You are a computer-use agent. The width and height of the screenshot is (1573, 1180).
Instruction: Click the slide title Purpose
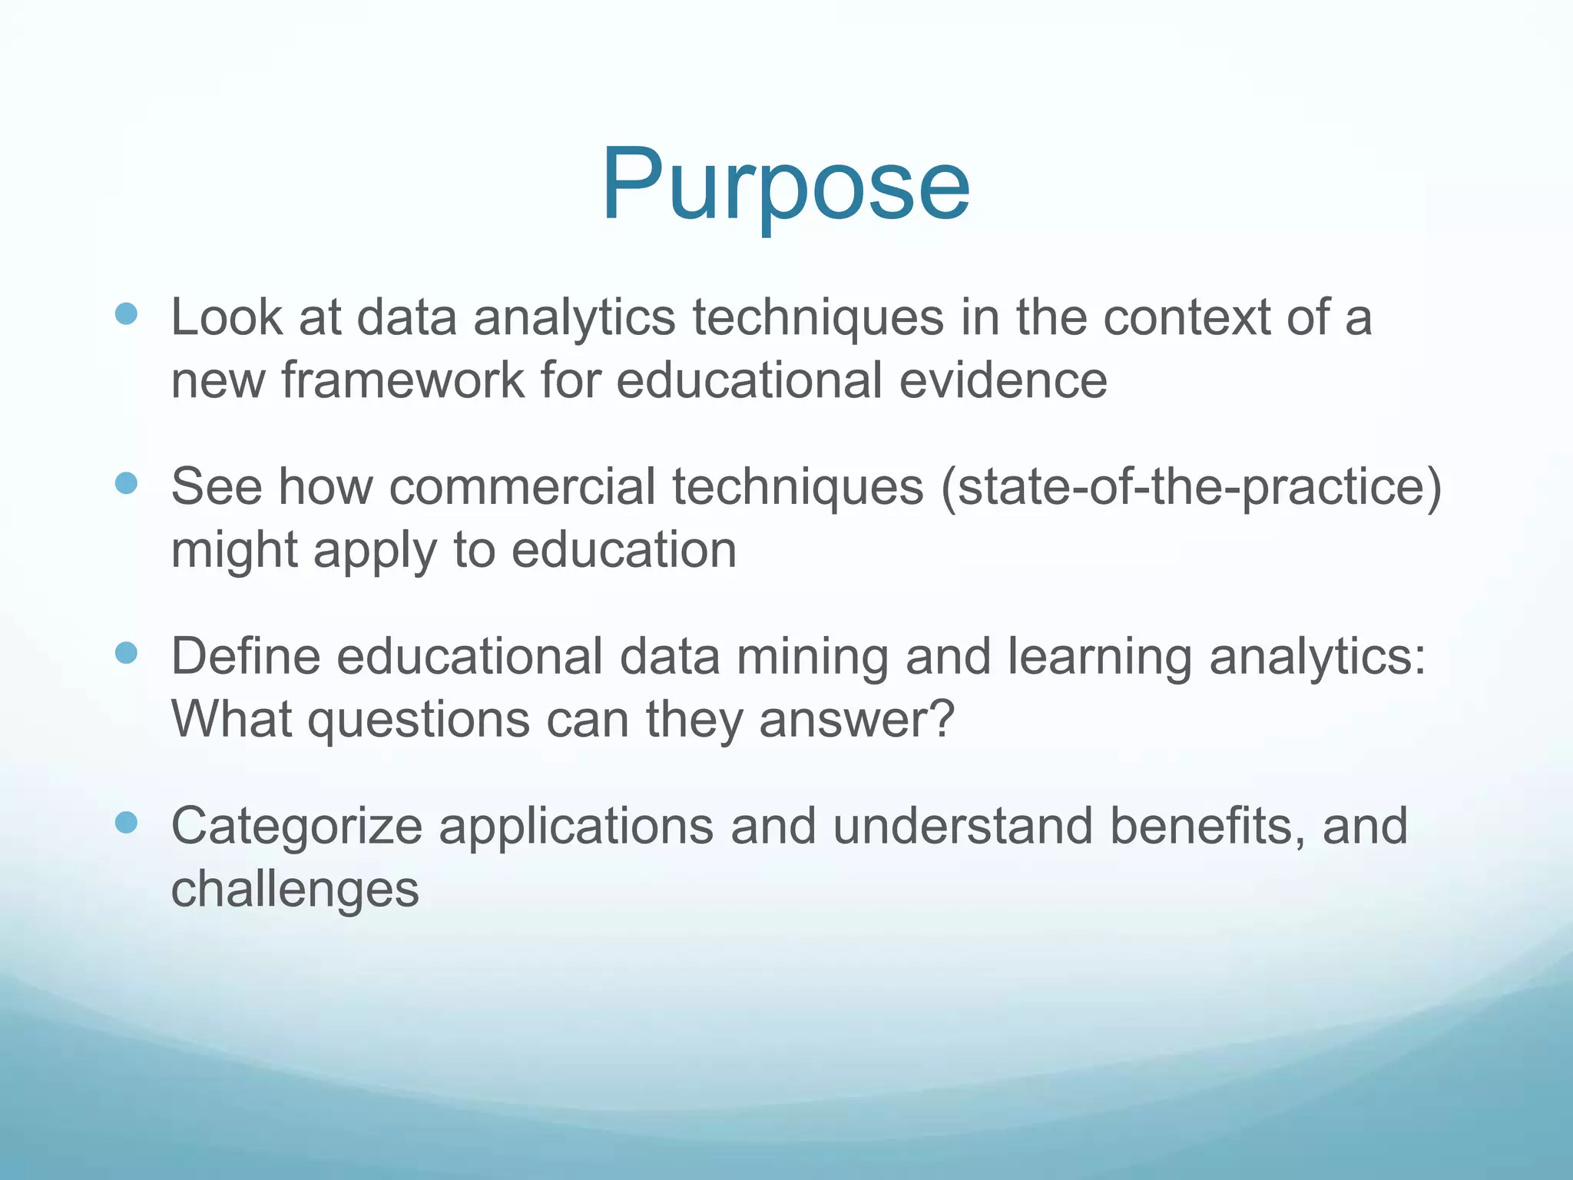[x=785, y=187]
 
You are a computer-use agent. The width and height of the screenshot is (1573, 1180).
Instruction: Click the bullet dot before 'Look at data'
[x=126, y=313]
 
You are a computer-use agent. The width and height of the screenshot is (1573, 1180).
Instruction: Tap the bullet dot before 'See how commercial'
[x=126, y=483]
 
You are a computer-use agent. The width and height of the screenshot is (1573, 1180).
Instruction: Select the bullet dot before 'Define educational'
[x=126, y=653]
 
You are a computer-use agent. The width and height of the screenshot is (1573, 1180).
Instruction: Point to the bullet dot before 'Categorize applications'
[x=126, y=823]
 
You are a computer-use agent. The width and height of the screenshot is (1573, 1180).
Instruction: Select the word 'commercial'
[x=522, y=487]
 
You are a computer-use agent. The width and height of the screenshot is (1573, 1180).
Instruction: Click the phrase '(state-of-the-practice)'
[x=1191, y=487]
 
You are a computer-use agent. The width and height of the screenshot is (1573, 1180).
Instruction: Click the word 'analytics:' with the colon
[x=1317, y=658]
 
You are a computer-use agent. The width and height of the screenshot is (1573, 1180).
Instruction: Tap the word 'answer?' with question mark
[x=856, y=720]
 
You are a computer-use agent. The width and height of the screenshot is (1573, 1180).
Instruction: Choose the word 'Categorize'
[x=296, y=827]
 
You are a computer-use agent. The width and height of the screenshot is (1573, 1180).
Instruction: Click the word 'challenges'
[x=295, y=890]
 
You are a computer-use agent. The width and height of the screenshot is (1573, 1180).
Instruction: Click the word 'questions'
[x=419, y=721]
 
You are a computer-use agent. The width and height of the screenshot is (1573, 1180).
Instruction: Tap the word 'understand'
[x=962, y=826]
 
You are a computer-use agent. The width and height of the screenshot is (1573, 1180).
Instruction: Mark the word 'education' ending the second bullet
[x=624, y=550]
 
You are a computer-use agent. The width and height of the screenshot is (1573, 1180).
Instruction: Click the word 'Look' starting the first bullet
[x=227, y=317]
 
